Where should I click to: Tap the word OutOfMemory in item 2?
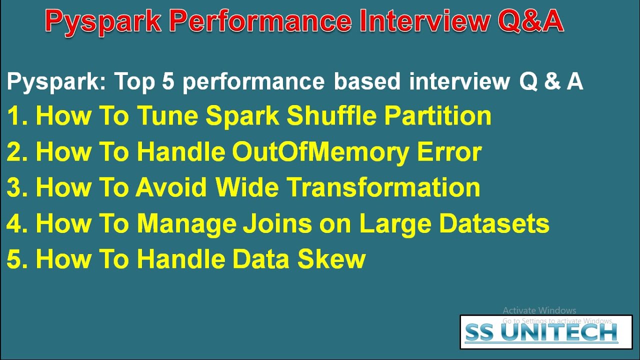[320, 152]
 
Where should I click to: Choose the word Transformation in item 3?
[383, 188]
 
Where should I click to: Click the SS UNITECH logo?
[546, 332]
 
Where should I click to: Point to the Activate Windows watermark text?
[539, 310]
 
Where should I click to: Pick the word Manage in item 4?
[186, 224]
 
